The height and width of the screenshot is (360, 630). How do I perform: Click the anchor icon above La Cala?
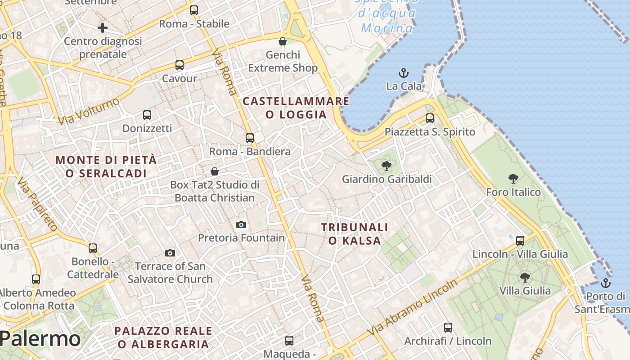point(404,72)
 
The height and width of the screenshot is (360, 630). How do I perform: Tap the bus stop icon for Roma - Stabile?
point(193,10)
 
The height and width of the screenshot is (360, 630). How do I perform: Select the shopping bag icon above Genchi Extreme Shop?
point(283,41)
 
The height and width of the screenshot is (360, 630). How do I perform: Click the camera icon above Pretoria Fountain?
point(241,224)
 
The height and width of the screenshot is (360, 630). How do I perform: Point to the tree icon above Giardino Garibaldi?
point(386,166)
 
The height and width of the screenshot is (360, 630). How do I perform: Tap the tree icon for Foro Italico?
point(513,179)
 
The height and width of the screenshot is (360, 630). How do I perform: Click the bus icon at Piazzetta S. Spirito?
point(430,118)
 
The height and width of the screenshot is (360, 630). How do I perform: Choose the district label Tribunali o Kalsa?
point(355,234)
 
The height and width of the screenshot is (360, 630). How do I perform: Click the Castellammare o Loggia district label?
point(296,108)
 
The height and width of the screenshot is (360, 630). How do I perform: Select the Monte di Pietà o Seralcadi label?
point(106,166)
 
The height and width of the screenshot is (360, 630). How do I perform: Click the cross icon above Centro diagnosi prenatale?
point(103,28)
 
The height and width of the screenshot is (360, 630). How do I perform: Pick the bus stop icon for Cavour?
point(180,65)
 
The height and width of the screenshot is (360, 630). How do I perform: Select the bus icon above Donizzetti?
point(147,115)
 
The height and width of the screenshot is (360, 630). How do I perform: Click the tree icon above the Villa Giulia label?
point(525,277)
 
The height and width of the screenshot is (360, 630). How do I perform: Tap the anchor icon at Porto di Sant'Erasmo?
point(606,283)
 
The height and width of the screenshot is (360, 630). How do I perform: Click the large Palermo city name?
point(40,339)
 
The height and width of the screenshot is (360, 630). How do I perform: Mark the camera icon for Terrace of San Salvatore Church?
point(170,253)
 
